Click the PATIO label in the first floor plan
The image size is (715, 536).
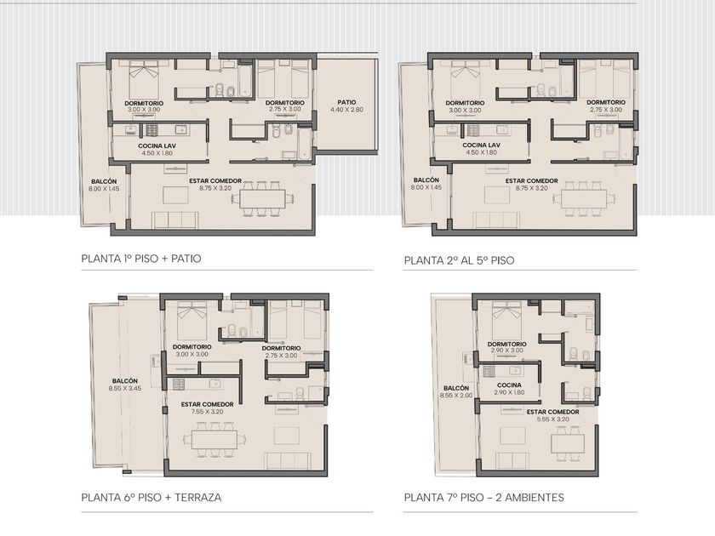pyautogui.click(x=346, y=103)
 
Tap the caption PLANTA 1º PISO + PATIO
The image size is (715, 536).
pyautogui.click(x=141, y=259)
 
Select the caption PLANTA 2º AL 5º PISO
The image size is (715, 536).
pyautogui.click(x=459, y=260)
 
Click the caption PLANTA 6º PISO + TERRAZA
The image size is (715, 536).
pyautogui.click(x=152, y=497)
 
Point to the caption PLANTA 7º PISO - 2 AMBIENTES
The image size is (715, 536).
pyautogui.click(x=483, y=497)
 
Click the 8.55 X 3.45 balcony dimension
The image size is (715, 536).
pyautogui.click(x=125, y=388)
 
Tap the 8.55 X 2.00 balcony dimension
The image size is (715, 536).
pyautogui.click(x=456, y=395)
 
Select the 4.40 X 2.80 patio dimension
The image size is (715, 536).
pyautogui.click(x=346, y=110)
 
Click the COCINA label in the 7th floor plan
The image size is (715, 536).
pyautogui.click(x=509, y=385)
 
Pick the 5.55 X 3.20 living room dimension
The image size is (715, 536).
pyautogui.click(x=552, y=419)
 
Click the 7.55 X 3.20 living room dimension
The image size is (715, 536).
pyautogui.click(x=208, y=411)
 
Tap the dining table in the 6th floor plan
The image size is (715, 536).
pyautogui.click(x=214, y=439)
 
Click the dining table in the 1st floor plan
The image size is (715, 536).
pyautogui.click(x=263, y=199)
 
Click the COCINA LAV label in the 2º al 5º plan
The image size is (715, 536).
pyautogui.click(x=482, y=145)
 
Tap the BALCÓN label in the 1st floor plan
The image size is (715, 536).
pyautogui.click(x=104, y=181)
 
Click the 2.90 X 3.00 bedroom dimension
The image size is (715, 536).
pyautogui.click(x=507, y=351)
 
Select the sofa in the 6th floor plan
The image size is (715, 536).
pyautogui.click(x=289, y=461)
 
